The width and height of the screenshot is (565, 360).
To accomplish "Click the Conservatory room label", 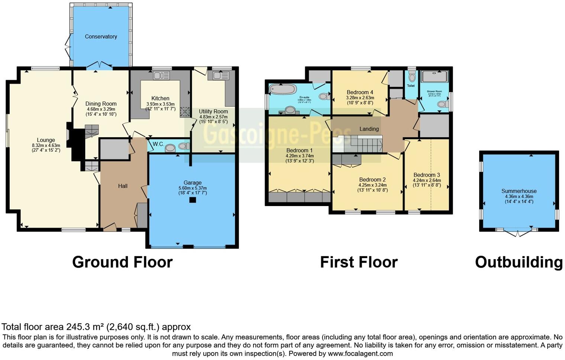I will click(101, 36).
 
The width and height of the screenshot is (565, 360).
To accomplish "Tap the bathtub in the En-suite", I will click(282, 89).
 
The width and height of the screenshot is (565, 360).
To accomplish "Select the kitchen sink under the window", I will click(161, 75).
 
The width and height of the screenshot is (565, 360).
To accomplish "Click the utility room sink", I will click(221, 75).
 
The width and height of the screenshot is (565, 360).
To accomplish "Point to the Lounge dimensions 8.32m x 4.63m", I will click(46, 145).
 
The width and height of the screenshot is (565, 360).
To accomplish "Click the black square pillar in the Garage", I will click(192, 200).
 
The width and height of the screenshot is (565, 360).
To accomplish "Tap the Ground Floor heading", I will click(122, 262).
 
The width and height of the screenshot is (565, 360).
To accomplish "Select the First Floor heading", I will click(359, 262).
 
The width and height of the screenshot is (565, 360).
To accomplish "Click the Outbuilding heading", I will click(519, 262).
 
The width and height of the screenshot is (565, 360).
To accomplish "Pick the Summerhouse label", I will click(519, 191).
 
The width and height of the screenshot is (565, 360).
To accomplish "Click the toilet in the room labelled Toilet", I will click(411, 77).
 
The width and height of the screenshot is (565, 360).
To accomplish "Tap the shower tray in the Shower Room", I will click(434, 77).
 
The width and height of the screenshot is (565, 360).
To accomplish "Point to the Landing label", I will click(369, 129).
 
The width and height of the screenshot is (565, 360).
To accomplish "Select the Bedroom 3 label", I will click(426, 175).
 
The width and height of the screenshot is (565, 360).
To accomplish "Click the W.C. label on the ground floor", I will click(158, 144).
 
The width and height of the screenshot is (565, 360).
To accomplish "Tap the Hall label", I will click(123, 186).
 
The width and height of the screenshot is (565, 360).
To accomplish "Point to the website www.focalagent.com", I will click(360, 354).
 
